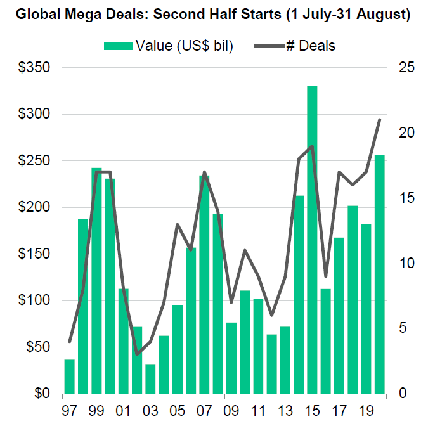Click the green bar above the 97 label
(x=70, y=377)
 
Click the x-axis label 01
(x=123, y=410)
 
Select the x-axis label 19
(x=366, y=410)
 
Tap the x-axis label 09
(x=231, y=410)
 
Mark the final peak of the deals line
(x=379, y=119)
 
